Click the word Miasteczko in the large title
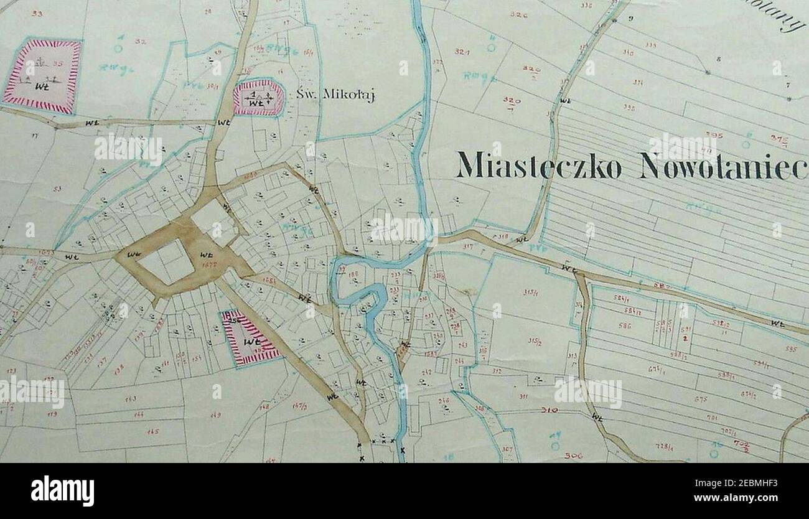tap(539, 165)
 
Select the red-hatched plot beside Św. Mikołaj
tap(258, 98)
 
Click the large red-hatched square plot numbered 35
tap(42, 76)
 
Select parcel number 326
tap(518, 14)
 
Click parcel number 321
tap(462, 52)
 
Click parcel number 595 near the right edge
tap(790, 348)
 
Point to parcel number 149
tap(216, 414)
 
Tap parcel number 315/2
tap(533, 341)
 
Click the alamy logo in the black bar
tap(62, 491)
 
